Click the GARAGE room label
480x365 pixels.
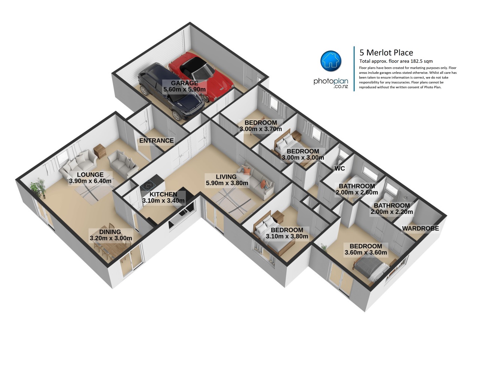click(x=184, y=83)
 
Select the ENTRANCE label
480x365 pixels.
click(x=156, y=141)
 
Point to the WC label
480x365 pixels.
click(x=339, y=168)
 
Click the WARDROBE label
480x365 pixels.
click(x=420, y=228)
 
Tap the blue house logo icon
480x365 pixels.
click(x=330, y=61)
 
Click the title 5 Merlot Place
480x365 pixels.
click(x=386, y=52)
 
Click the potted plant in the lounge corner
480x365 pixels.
click(x=38, y=188)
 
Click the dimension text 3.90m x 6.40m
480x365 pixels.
click(x=90, y=181)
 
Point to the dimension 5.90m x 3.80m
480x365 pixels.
click(x=227, y=183)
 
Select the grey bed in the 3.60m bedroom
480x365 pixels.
click(x=372, y=269)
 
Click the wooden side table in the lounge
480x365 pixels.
click(x=100, y=151)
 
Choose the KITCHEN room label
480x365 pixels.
click(x=163, y=194)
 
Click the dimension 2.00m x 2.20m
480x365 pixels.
click(x=392, y=212)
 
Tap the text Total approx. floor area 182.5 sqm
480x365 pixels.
click(x=396, y=61)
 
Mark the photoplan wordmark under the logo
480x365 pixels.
click(x=330, y=83)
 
